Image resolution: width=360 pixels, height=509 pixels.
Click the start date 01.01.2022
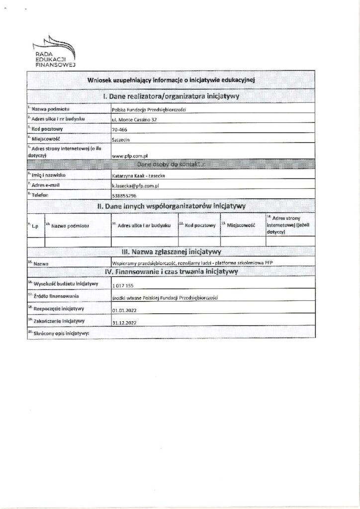125,309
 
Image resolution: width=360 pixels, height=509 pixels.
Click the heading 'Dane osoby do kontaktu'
171,164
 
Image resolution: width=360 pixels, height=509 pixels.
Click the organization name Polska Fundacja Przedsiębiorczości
149,109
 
